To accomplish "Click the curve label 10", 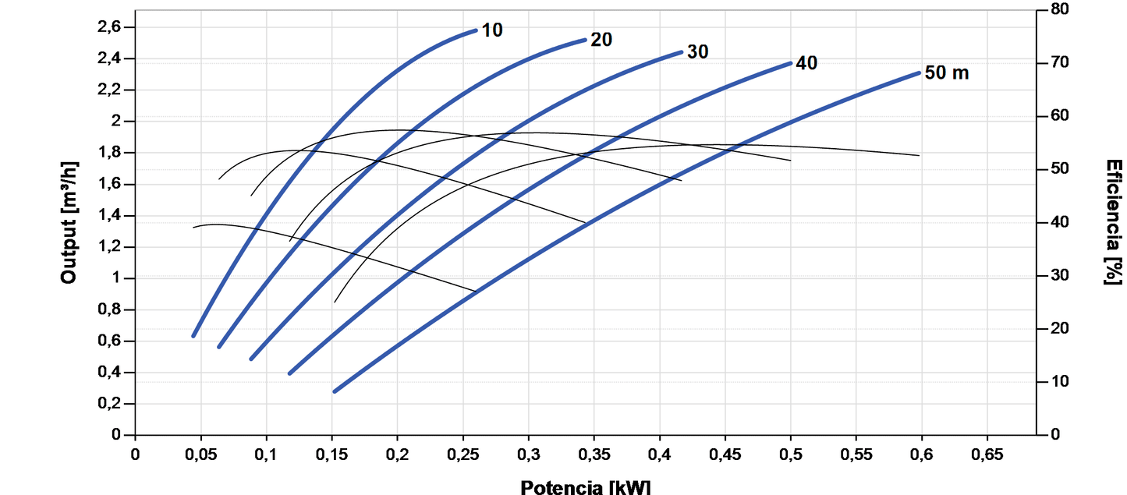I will (x=492, y=30).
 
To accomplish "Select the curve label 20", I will (x=601, y=40).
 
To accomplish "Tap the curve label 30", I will (x=698, y=52).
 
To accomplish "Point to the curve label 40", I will (x=806, y=63).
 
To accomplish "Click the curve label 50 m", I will (x=947, y=73).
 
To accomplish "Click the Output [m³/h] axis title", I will (x=69, y=222).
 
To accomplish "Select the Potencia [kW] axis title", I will (x=585, y=487).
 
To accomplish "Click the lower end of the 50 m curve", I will (x=335, y=391).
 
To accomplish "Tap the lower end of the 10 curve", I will (x=193, y=336).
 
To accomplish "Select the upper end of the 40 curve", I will (x=790, y=63).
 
